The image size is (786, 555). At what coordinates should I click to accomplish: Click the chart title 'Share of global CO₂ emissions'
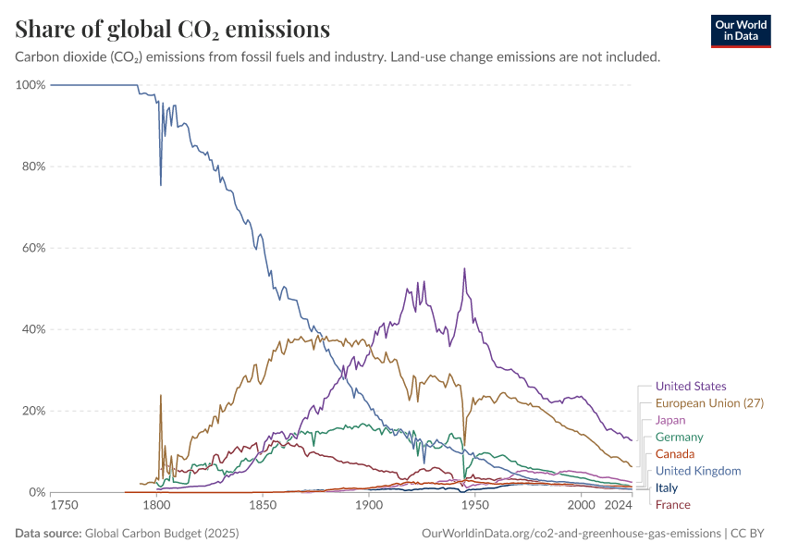click(173, 30)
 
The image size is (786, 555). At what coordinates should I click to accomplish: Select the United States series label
click(690, 387)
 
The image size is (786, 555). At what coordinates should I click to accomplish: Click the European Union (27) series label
click(709, 403)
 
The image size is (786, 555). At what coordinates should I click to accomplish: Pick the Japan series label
click(670, 420)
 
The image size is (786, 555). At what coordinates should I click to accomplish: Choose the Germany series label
click(679, 437)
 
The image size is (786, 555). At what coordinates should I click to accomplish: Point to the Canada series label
click(674, 454)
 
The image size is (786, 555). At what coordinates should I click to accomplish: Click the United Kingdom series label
click(698, 471)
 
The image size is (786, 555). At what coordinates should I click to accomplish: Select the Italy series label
click(666, 487)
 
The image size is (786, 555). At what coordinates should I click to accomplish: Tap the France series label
click(672, 504)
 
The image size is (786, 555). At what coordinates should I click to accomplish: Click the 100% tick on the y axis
click(31, 85)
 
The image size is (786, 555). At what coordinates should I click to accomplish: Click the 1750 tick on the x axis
click(64, 505)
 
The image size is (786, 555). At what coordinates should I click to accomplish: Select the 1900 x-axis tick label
click(369, 505)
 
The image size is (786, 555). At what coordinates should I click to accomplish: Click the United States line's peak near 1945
click(464, 269)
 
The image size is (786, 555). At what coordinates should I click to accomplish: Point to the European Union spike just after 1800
click(161, 395)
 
